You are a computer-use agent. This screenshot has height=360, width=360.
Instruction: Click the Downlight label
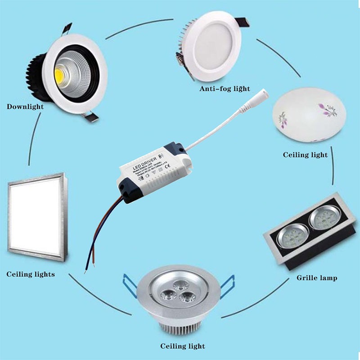click(x=25, y=107)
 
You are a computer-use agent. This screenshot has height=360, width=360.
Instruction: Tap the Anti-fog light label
click(x=225, y=89)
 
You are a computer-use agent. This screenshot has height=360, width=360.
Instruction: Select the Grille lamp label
click(x=317, y=278)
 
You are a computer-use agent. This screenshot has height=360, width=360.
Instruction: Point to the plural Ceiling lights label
click(x=31, y=274)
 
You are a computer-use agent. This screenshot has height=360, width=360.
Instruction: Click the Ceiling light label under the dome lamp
click(x=305, y=155)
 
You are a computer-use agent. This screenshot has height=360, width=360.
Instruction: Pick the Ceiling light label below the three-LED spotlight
click(x=183, y=346)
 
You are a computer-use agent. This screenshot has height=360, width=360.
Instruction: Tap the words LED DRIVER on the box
click(x=145, y=162)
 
